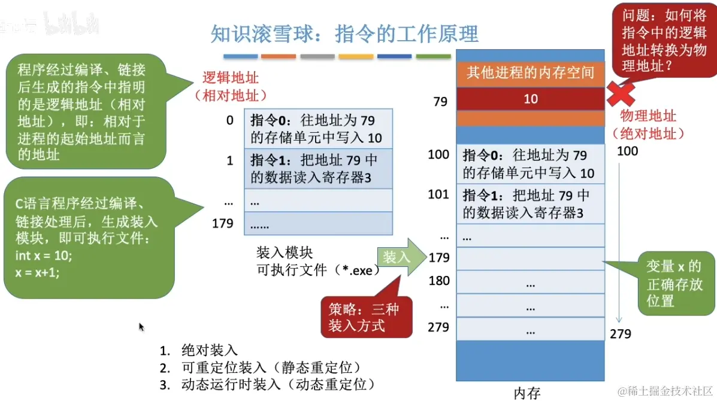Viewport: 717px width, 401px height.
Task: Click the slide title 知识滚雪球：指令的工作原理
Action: tap(344, 34)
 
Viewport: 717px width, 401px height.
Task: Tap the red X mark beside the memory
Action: tap(622, 94)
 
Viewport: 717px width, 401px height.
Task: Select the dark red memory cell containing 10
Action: tap(530, 99)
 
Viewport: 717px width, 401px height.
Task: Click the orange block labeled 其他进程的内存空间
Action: tap(530, 74)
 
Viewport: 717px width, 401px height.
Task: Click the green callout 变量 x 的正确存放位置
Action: tap(673, 283)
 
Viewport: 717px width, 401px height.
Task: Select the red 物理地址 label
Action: tap(648, 116)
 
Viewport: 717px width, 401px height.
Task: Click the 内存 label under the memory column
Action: tap(527, 393)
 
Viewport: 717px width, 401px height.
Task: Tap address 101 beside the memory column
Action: tap(438, 195)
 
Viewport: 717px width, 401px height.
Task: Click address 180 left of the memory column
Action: tap(438, 280)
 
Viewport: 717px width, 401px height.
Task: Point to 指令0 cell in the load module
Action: tap(317, 129)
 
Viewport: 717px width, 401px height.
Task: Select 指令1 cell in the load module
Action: tap(317, 169)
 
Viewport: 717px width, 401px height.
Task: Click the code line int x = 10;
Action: tap(44, 256)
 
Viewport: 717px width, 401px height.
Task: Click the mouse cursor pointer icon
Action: tap(141, 327)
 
